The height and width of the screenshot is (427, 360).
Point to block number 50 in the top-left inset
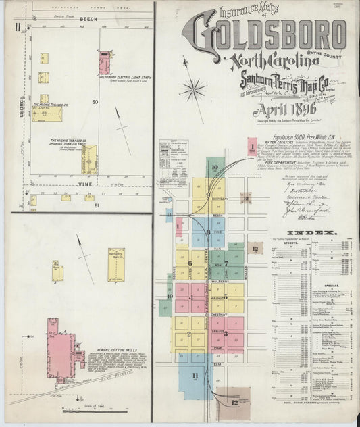point(95,102)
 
